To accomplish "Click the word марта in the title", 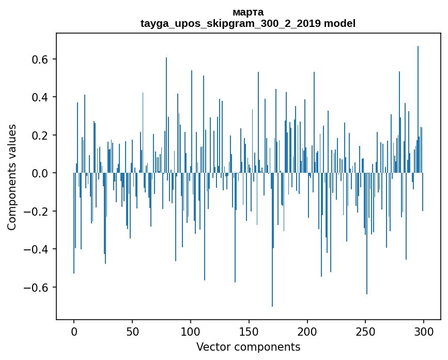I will (248, 12).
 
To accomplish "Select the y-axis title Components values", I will (12, 177).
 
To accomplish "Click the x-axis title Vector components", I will (248, 347).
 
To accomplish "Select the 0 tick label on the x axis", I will (74, 331).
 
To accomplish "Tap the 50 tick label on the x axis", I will (132, 331).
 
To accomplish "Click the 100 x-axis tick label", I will (191, 331).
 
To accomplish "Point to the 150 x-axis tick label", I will (249, 331).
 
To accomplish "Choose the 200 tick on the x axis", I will (307, 331).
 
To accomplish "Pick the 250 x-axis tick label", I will (366, 331).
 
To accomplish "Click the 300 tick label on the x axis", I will (424, 331).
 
